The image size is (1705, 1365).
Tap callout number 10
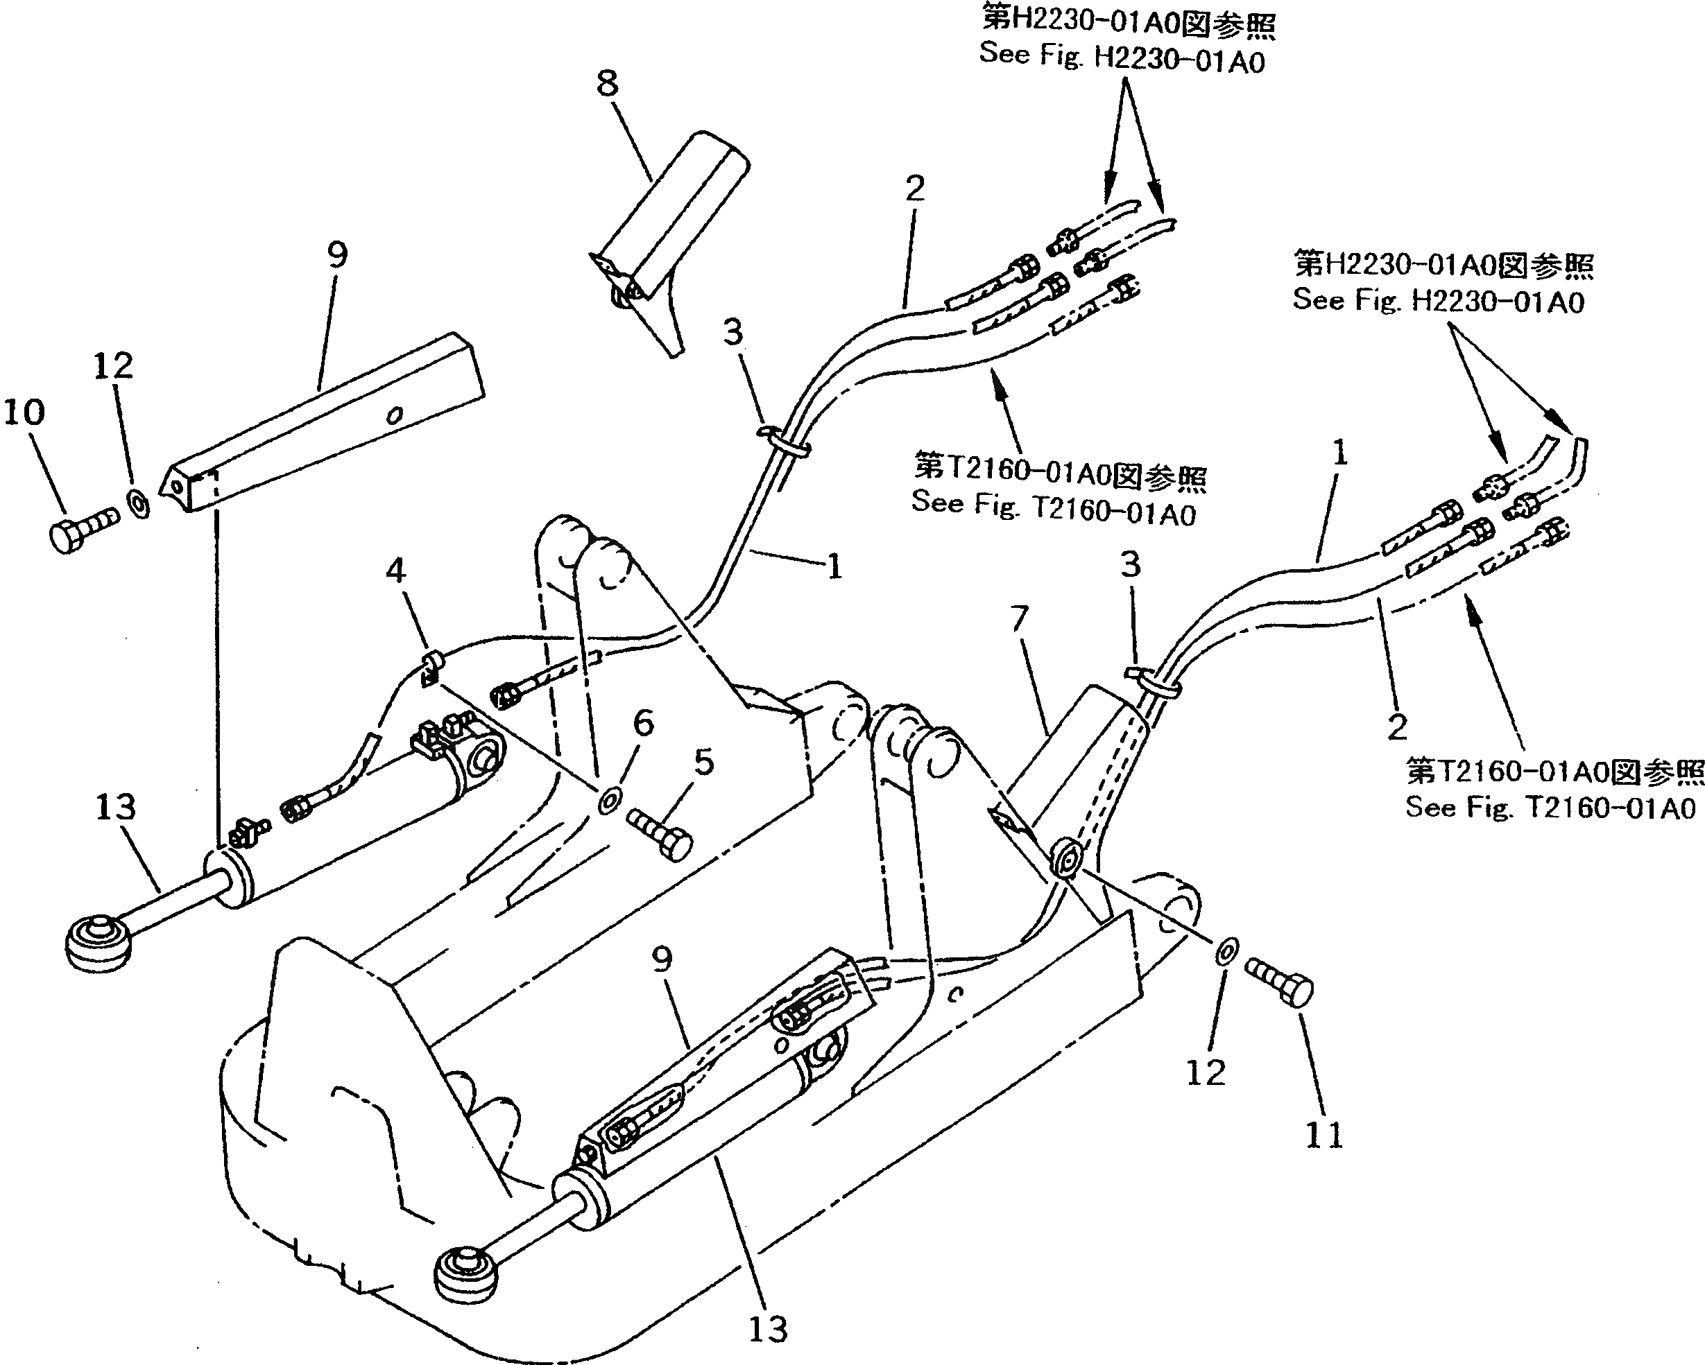(25, 412)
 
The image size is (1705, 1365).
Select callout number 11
(1323, 1136)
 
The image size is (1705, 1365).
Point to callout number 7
(1020, 618)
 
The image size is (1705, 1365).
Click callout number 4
(395, 570)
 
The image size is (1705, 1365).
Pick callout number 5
(703, 762)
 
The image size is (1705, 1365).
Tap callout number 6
(644, 722)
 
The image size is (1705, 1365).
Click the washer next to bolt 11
(1225, 952)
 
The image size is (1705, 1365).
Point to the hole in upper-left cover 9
(395, 414)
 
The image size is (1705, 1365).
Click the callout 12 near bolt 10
(113, 366)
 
